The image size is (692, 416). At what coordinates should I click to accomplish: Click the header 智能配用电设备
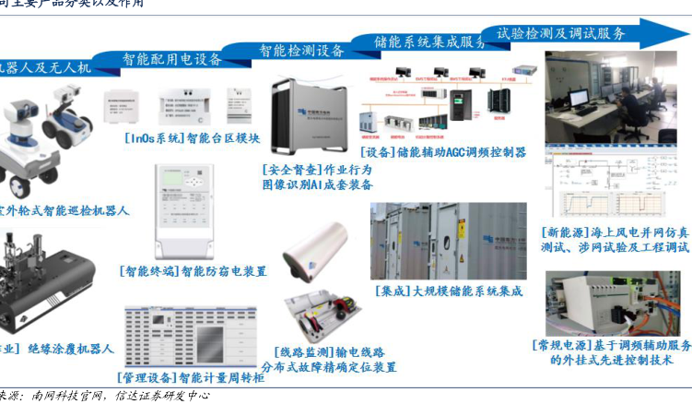173,60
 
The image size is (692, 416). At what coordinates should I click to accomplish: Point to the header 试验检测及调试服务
561,33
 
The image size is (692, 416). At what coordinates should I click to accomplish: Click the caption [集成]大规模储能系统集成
450,291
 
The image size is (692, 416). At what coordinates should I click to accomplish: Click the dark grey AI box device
309,114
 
